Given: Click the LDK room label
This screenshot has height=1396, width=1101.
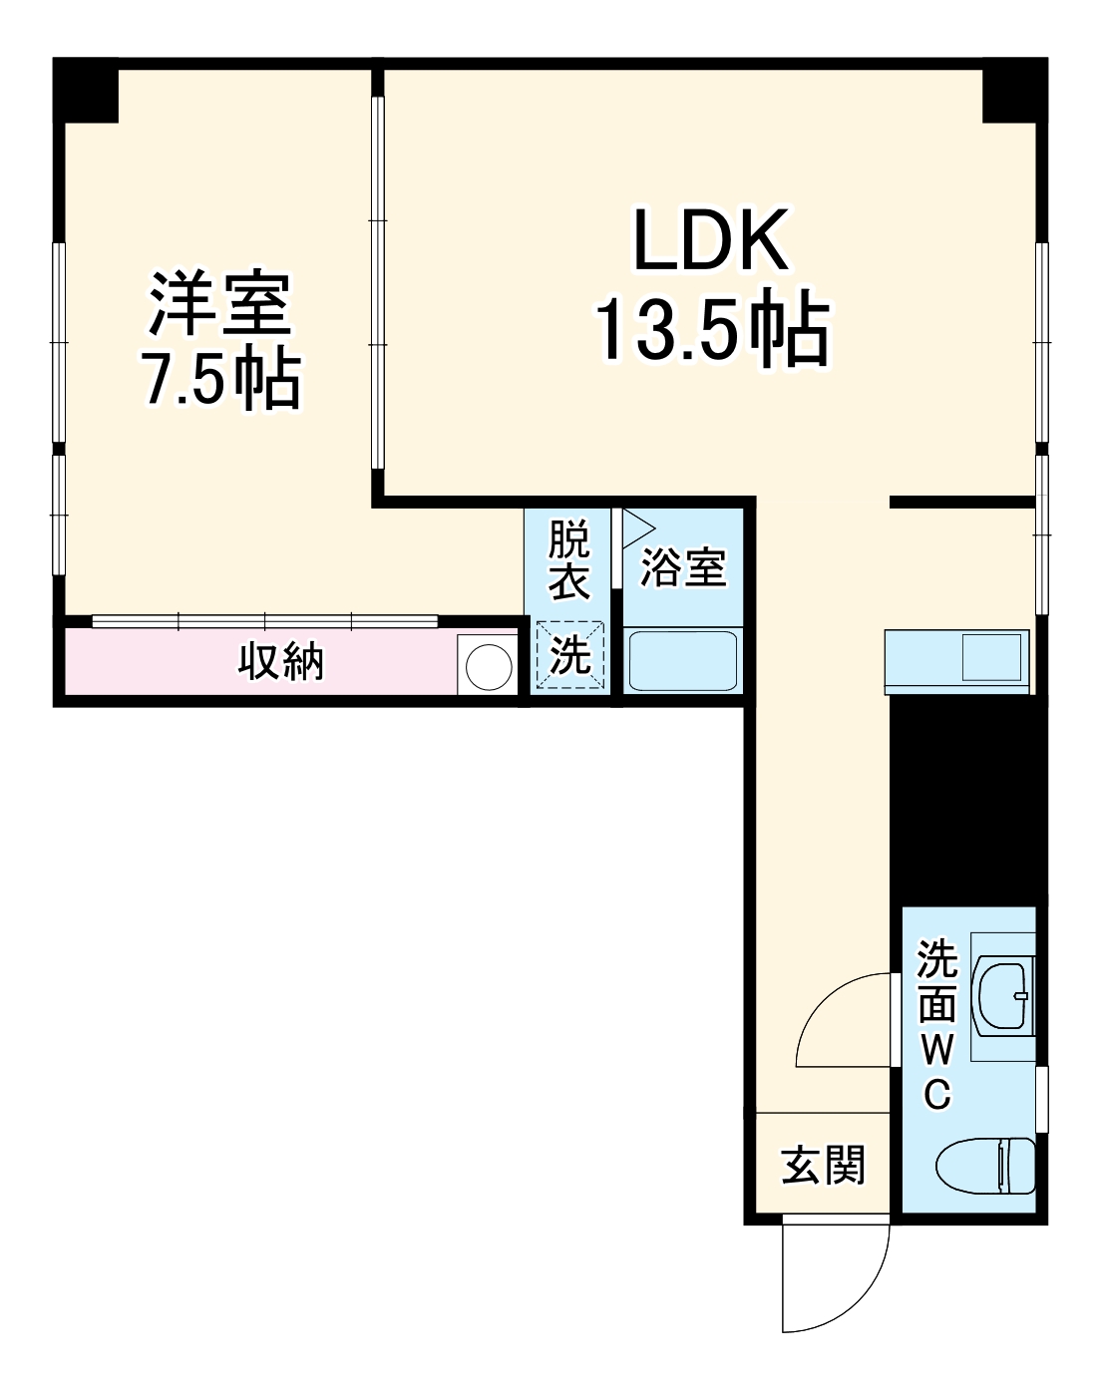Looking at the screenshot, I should pyautogui.click(x=711, y=241).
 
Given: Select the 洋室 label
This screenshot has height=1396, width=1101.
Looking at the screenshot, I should pyautogui.click(x=220, y=305).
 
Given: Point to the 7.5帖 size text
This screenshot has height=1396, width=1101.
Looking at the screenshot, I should pyautogui.click(x=220, y=380).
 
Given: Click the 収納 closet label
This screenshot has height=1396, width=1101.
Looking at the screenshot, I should pyautogui.click(x=280, y=661).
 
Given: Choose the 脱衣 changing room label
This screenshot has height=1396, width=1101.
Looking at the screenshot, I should pyautogui.click(x=569, y=561).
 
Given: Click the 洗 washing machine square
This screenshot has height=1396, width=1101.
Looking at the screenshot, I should pyautogui.click(x=569, y=655).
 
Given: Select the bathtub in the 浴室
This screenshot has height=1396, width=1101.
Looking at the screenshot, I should pyautogui.click(x=683, y=660).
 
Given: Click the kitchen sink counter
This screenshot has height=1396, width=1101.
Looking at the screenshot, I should pyautogui.click(x=955, y=660).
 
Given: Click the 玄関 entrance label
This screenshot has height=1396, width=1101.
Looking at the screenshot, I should pyautogui.click(x=822, y=1165).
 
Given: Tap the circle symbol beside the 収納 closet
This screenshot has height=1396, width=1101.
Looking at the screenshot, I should pyautogui.click(x=488, y=664).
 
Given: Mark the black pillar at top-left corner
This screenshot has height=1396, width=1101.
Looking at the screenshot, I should pyautogui.click(x=86, y=90).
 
